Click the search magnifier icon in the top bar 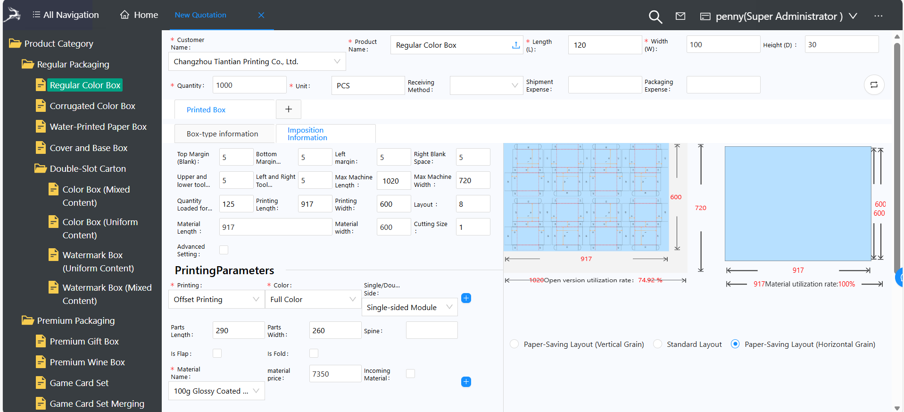pos(655,17)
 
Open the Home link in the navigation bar pos(139,15)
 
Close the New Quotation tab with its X pos(261,15)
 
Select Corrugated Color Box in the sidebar pos(92,106)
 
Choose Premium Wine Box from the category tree pos(87,362)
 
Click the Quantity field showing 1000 pos(249,85)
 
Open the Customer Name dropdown pos(257,62)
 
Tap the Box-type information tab pos(223,134)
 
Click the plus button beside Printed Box pos(289,109)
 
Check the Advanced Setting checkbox pos(224,250)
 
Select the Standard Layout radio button pos(657,344)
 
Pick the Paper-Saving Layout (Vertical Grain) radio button pos(514,344)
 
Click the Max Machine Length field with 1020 pos(393,181)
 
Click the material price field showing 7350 pos(335,374)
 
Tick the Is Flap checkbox pos(217,353)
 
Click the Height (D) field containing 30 pos(841,45)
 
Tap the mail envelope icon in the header pos(680,17)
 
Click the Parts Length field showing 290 pos(238,330)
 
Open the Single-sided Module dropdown pos(409,308)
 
